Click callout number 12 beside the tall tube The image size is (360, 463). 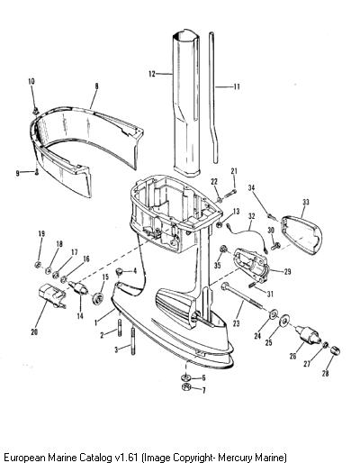[152, 74]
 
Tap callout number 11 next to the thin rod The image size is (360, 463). [237, 86]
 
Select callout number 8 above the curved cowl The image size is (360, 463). [96, 86]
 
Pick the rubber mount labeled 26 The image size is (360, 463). [308, 336]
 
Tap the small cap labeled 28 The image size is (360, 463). [335, 350]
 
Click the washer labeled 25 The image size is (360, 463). [283, 320]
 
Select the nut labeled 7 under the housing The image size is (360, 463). [186, 386]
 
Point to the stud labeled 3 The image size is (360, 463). [132, 341]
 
